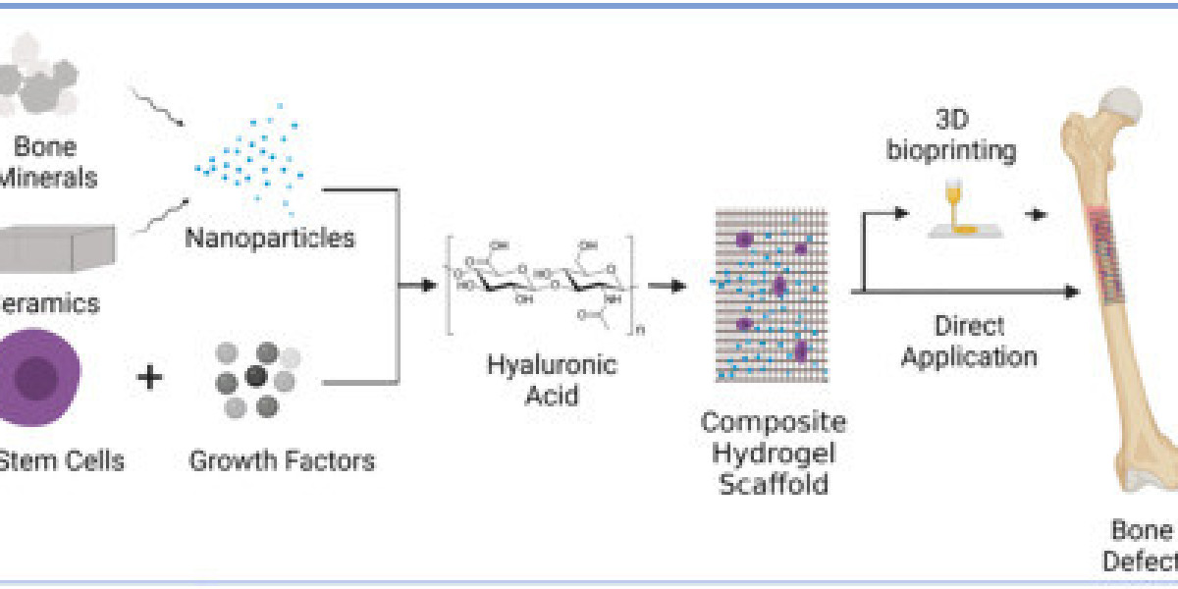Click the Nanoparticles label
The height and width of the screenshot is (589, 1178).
tap(270, 238)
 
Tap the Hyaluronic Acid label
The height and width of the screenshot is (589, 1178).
tap(552, 380)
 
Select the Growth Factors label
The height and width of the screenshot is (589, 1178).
tap(282, 459)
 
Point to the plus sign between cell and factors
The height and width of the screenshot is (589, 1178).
tap(149, 378)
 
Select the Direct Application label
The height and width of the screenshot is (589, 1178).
tap(969, 341)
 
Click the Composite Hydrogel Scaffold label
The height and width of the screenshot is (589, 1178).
tap(773, 453)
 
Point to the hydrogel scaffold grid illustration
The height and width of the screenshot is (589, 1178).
tap(772, 294)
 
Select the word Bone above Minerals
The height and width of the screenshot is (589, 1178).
tap(45, 148)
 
